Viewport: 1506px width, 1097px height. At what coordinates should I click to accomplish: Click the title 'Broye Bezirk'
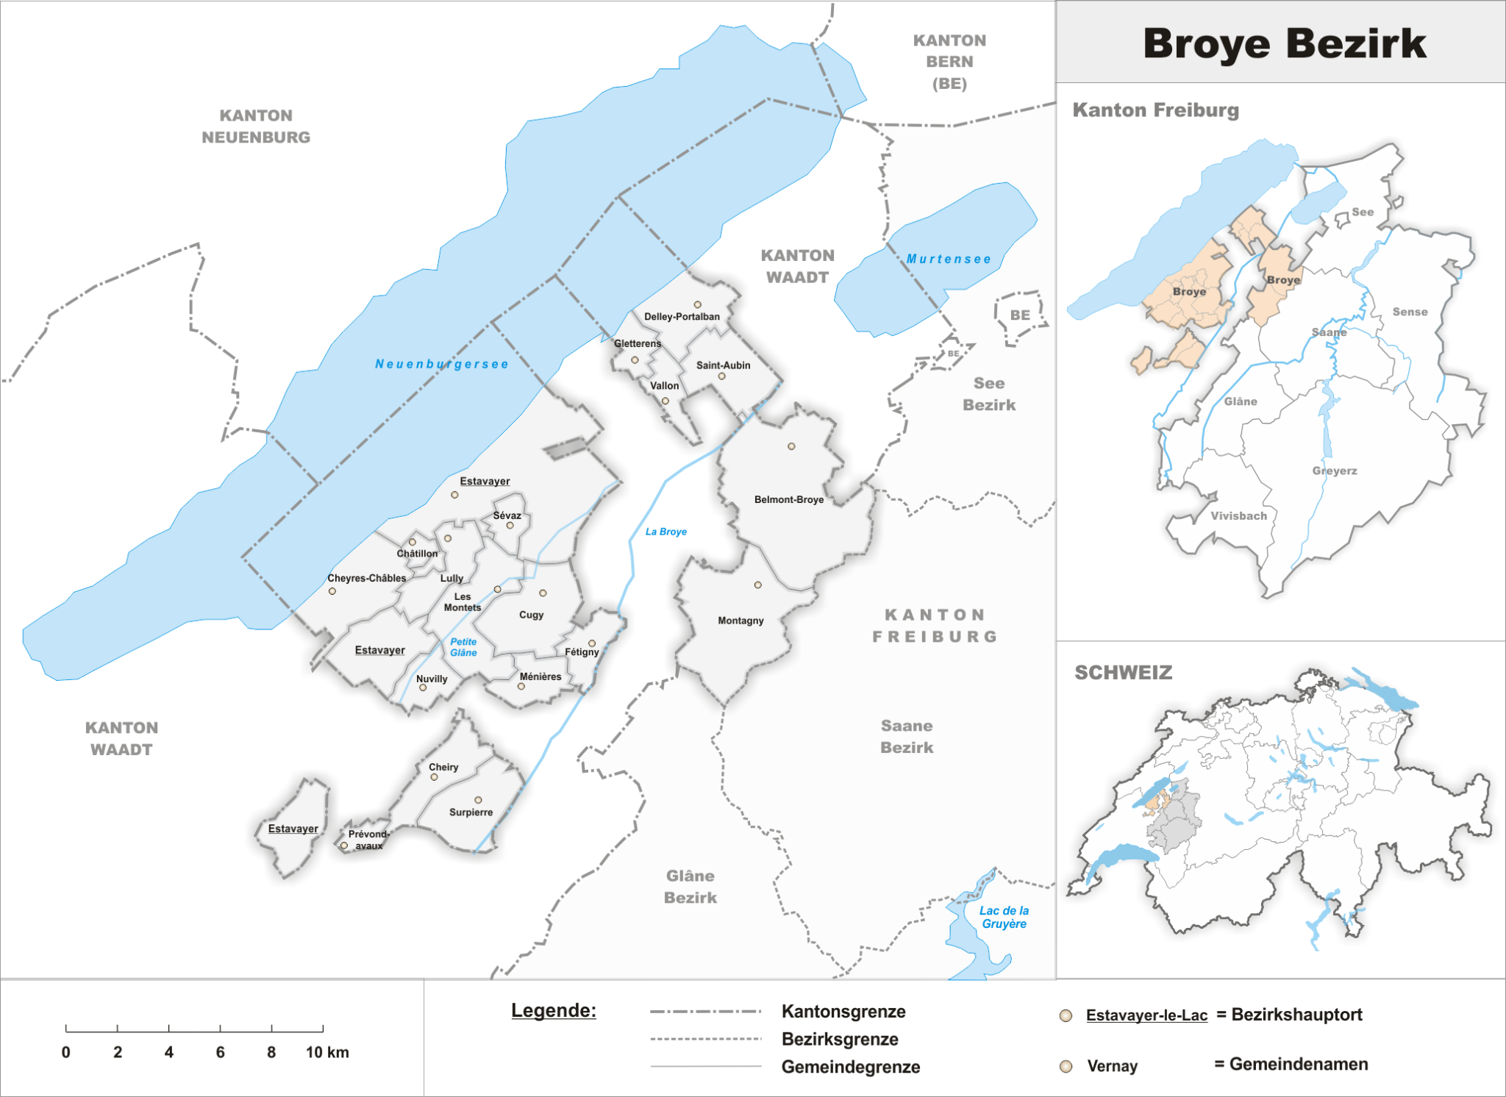coord(1284,43)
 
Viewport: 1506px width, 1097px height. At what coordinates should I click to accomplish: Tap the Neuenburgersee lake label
coord(441,364)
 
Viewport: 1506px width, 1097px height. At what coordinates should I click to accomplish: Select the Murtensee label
coord(949,259)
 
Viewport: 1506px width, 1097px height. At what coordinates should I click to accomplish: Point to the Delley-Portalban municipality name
coord(682,317)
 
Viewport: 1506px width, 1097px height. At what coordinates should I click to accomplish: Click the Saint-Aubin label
coord(723,365)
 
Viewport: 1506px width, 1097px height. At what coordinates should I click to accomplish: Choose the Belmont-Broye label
coord(788,500)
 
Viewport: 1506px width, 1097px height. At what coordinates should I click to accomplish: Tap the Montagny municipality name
coord(740,621)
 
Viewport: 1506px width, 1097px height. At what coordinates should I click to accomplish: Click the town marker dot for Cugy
coord(543,593)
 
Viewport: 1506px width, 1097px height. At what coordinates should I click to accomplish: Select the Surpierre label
coord(471,812)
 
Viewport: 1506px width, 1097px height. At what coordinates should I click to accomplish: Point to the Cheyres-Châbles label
coord(366,579)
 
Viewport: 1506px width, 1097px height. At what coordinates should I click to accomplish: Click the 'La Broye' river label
coord(665,532)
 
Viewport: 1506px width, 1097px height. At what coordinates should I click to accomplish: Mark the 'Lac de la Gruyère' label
coord(1004,917)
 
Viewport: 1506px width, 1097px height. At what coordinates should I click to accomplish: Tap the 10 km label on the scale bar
coord(327,1052)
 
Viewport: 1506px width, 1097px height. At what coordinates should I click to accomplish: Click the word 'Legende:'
coord(553,1010)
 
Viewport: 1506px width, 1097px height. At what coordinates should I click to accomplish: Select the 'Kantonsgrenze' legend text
coord(843,1011)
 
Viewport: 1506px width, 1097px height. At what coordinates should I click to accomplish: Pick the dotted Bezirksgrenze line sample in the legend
coord(705,1039)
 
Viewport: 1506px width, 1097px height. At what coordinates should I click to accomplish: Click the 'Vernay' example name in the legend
coord(1112,1066)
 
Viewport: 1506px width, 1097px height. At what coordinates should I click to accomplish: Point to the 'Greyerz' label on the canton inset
coord(1334,471)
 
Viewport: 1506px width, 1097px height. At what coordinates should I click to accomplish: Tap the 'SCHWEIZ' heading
coord(1123,673)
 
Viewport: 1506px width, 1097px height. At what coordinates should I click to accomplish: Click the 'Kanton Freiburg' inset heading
coord(1155,110)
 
